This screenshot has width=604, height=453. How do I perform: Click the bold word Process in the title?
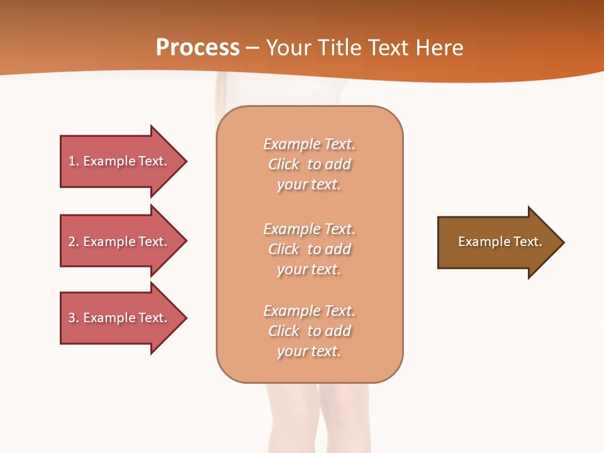pos(198,47)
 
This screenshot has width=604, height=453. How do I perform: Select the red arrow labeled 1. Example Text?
pos(120,161)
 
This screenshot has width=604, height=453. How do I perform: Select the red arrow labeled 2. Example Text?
pos(120,242)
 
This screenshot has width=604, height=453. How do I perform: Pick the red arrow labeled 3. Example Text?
pos(120,318)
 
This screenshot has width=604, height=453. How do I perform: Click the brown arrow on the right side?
pos(497,242)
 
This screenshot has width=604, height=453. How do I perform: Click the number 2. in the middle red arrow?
pos(74,242)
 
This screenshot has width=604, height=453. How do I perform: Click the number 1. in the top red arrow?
pos(74,161)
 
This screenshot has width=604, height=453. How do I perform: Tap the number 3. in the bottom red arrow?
pos(74,318)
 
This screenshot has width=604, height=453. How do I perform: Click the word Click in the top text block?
pos(284,164)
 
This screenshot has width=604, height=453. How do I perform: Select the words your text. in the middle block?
pos(308,269)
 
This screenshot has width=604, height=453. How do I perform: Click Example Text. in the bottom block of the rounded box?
pos(309,311)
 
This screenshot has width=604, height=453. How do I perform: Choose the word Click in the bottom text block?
pos(284,331)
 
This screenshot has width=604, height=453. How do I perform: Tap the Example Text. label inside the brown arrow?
pos(500,242)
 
